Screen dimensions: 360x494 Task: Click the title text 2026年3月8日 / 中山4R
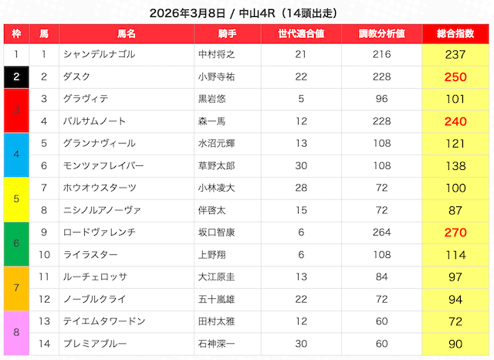coord(247,12)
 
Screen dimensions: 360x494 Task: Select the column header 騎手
coord(227,33)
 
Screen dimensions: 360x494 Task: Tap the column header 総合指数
coord(455,33)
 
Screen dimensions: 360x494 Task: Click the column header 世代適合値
coord(301,33)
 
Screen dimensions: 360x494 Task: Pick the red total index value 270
coord(455,232)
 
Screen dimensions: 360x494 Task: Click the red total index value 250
coord(455,76)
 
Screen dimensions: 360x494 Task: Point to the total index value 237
coord(455,54)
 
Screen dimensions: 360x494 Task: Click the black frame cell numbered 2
coord(16,76)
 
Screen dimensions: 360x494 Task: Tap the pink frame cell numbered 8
coord(16,332)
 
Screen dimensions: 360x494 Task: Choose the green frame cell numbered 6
coord(16,243)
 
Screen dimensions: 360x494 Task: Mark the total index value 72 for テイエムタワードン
coord(455,321)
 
